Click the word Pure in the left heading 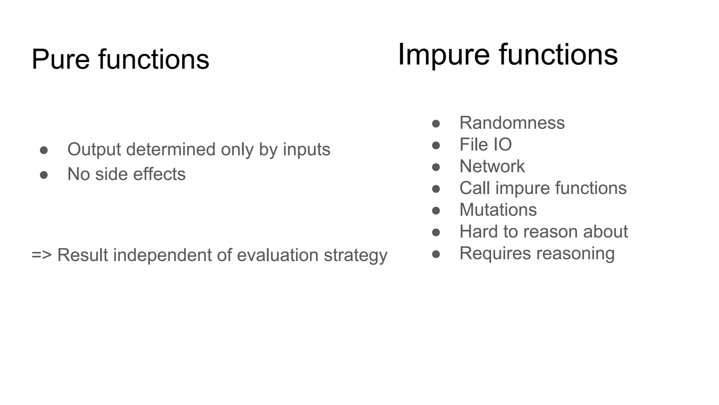[x=60, y=59]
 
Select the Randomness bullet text [x=512, y=123]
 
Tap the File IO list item [x=486, y=144]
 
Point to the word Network [x=492, y=166]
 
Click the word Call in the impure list [x=475, y=188]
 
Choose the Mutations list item [x=498, y=210]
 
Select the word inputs [x=306, y=149]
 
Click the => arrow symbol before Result [x=42, y=255]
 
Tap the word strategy [x=355, y=256]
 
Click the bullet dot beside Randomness [x=436, y=123]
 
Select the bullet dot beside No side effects [x=44, y=175]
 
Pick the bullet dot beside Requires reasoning [x=436, y=254]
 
